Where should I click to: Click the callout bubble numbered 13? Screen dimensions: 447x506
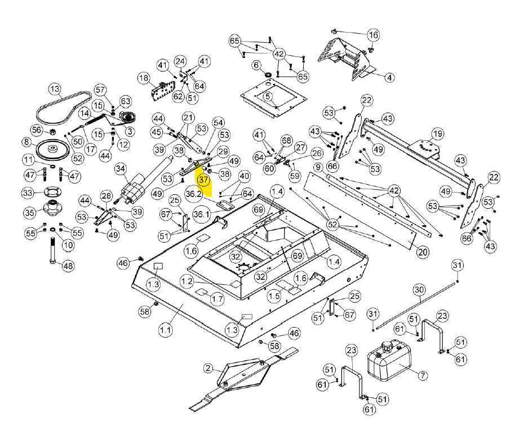(x=54, y=90)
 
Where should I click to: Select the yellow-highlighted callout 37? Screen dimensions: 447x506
(x=203, y=180)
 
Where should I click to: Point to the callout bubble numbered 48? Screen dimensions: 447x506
(x=68, y=266)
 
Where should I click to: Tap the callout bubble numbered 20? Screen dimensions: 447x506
(x=423, y=252)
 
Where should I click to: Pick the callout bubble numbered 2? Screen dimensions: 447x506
(x=208, y=369)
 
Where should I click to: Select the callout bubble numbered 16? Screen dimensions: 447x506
(x=373, y=35)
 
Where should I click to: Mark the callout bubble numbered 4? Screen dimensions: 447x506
(x=389, y=77)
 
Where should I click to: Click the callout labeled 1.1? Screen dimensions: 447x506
(x=165, y=330)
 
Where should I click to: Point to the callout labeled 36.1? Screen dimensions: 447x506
(x=201, y=214)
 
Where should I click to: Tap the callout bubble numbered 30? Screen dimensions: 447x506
(x=418, y=289)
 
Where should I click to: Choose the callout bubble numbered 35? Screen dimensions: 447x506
(x=28, y=212)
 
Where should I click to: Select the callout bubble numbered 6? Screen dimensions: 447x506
(x=257, y=66)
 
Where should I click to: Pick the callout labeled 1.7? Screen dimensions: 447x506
(x=218, y=298)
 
